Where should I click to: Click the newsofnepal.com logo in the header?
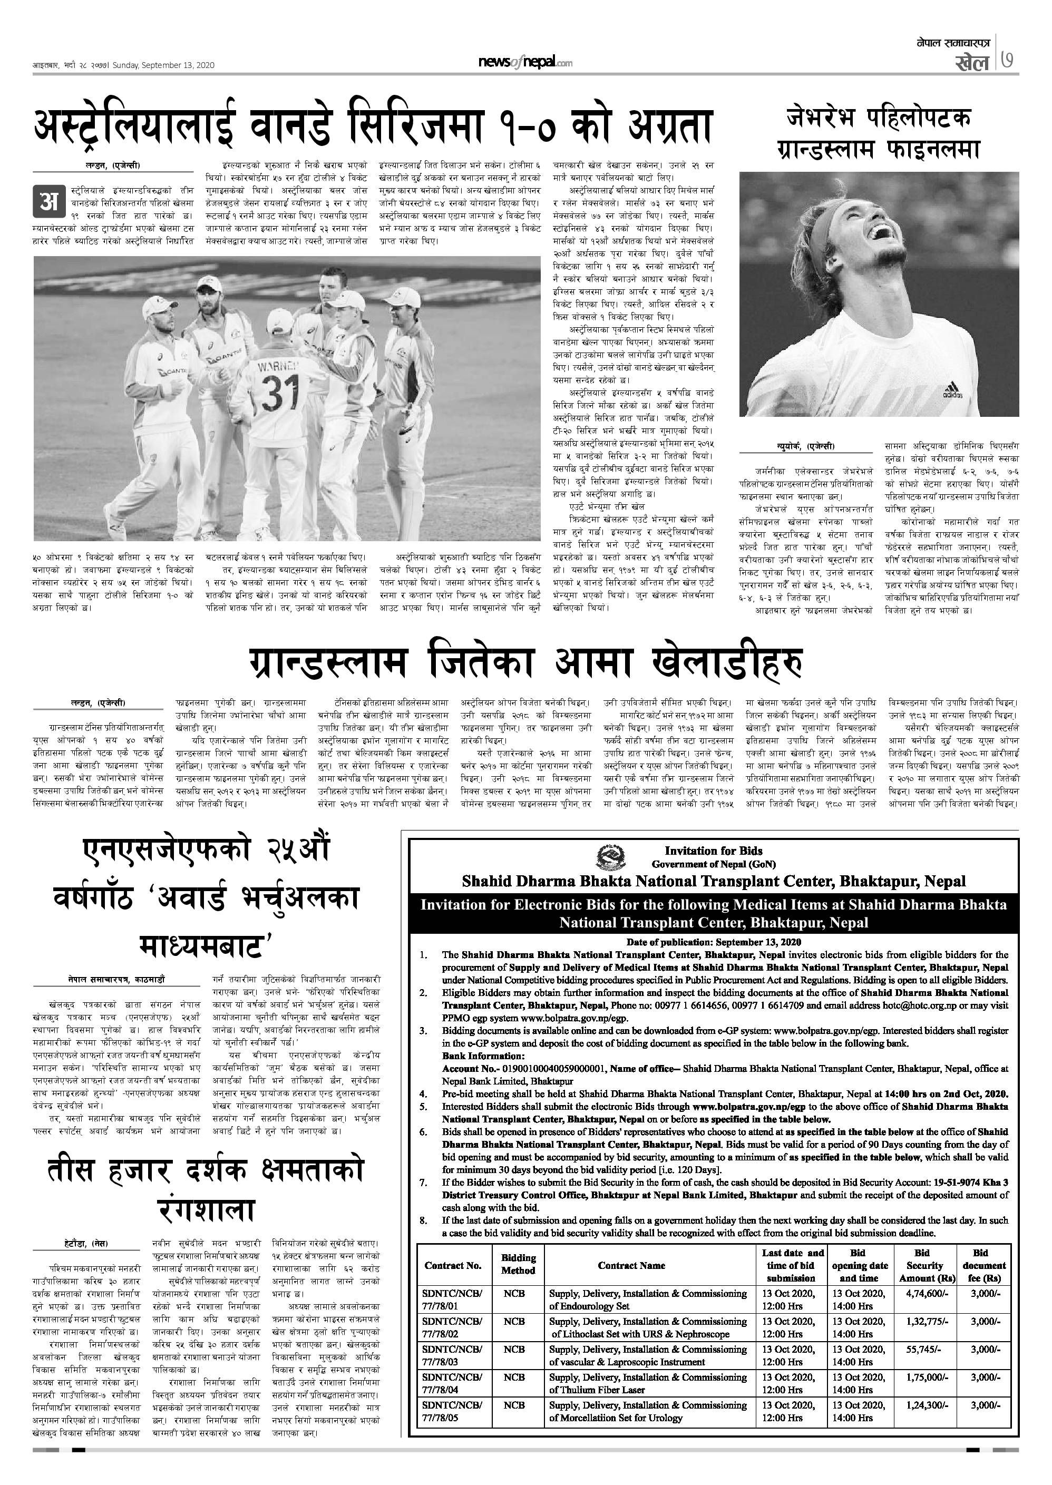pos(525,62)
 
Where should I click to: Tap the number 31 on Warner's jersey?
pos(281,393)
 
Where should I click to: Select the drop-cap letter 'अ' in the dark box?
pos(48,201)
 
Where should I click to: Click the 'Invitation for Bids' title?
pos(713,851)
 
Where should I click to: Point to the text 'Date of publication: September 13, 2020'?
pos(713,942)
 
